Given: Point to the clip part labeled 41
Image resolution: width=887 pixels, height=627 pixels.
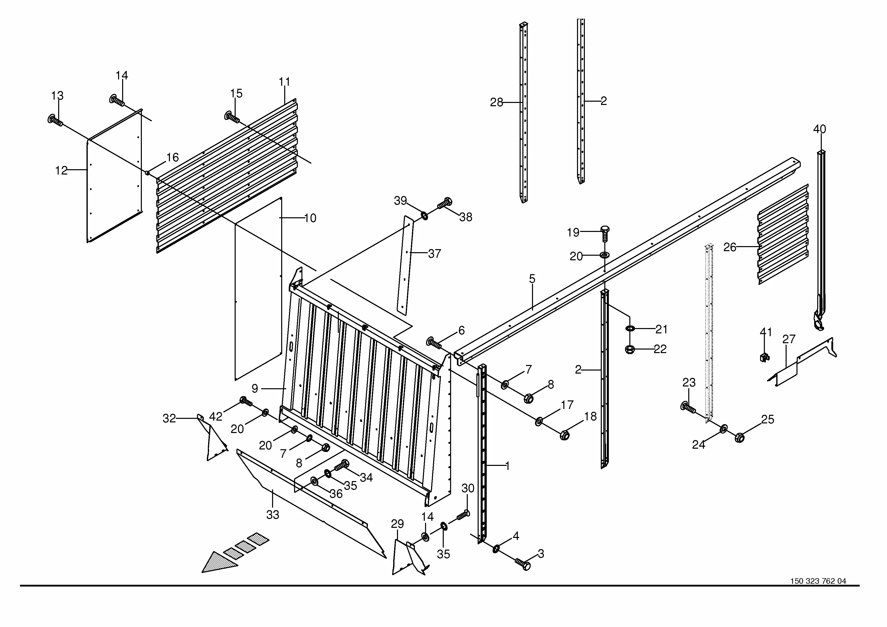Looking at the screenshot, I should (764, 357).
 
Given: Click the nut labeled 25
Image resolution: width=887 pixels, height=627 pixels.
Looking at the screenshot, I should (739, 438).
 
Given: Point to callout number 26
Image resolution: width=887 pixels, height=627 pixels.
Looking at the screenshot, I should (729, 247).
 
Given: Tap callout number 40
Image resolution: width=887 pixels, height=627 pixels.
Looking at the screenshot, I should (819, 129).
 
